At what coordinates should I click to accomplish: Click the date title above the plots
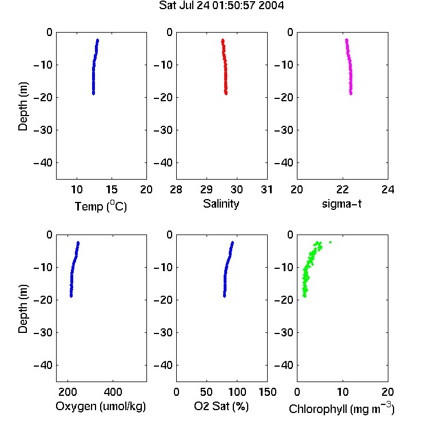(221, 5)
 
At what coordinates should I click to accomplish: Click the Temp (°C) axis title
(101, 206)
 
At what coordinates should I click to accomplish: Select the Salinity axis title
(221, 204)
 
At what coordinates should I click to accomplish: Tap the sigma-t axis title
(341, 204)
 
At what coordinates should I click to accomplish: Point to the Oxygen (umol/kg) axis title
(101, 406)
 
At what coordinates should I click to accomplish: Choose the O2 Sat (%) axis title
(221, 406)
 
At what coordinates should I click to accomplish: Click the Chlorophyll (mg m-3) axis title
(341, 408)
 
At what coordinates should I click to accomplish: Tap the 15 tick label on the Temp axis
(112, 189)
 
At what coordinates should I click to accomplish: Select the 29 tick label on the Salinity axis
(206, 189)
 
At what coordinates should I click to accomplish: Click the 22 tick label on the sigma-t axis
(343, 189)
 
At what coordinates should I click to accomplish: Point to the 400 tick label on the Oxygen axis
(113, 392)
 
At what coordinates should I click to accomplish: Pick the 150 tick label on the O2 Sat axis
(267, 392)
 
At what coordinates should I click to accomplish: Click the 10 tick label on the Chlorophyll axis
(343, 392)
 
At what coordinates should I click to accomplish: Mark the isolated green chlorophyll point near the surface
(330, 242)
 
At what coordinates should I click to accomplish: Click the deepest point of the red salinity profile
(226, 94)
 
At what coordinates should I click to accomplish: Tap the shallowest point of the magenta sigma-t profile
(347, 40)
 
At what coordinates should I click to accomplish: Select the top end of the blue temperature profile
(97, 40)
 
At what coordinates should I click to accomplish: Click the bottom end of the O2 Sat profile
(224, 296)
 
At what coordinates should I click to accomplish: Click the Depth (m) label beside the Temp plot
(23, 106)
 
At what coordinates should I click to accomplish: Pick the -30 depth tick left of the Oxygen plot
(43, 332)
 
